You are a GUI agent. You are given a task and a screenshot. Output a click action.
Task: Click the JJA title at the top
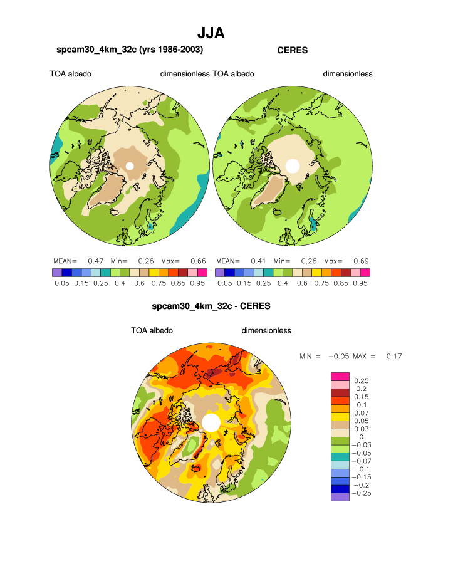click(211, 33)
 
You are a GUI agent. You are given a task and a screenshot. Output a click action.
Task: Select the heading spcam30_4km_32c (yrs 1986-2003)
click(130, 50)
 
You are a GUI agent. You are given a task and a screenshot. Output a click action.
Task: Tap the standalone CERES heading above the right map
click(292, 50)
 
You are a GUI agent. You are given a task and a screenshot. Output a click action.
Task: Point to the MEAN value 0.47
click(95, 261)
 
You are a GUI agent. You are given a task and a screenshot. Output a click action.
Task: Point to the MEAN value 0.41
click(258, 261)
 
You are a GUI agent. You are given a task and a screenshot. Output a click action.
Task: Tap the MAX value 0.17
click(393, 356)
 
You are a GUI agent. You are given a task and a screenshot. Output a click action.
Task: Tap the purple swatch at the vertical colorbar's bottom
click(339, 497)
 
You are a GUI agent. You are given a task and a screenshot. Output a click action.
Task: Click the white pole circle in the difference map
click(211, 422)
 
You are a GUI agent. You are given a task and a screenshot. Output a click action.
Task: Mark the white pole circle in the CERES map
click(292, 166)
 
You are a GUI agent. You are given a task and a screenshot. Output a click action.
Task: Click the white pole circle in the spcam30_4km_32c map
click(130, 166)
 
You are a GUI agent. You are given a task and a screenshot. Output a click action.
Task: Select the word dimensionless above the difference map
click(266, 330)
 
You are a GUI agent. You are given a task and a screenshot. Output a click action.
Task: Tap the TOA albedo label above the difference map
click(152, 330)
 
